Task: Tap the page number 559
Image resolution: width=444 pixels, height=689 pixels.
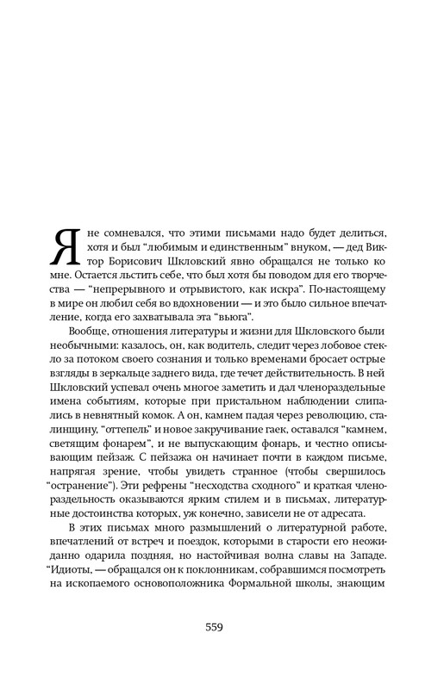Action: pyautogui.click(x=215, y=626)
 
